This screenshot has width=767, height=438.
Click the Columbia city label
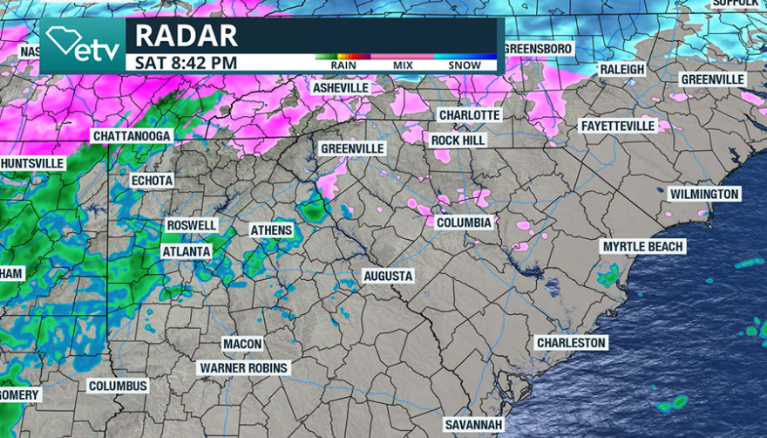click(465, 222)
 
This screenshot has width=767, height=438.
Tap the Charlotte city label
click(469, 115)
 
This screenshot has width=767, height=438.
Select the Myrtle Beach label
click(643, 247)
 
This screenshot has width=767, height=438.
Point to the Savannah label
click(473, 425)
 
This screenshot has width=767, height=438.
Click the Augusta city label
click(388, 276)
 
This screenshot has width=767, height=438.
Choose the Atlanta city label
click(187, 251)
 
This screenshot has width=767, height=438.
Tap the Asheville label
click(341, 88)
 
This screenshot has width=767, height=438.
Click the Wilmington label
click(704, 194)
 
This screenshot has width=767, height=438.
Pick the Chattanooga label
click(132, 136)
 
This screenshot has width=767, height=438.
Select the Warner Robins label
click(243, 368)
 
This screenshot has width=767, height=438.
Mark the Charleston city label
click(571, 343)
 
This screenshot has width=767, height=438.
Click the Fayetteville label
click(617, 127)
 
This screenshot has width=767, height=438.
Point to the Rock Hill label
click(458, 140)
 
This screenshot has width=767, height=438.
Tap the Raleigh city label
click(622, 69)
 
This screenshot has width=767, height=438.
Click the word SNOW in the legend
click(465, 65)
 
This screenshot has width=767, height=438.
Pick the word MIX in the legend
click(403, 65)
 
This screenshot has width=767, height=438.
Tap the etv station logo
click(84, 45)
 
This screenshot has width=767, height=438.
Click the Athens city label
click(271, 230)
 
